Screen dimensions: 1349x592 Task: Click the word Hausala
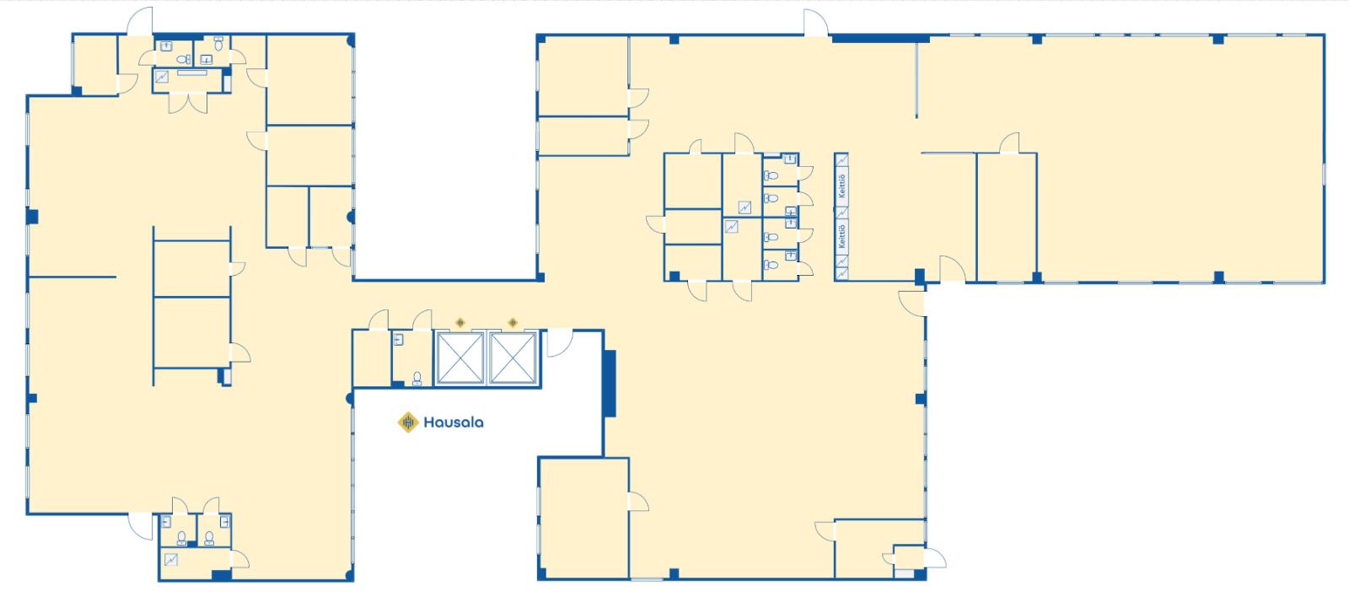(x=453, y=422)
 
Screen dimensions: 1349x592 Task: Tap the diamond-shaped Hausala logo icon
(x=408, y=422)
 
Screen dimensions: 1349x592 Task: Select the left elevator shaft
(x=460, y=358)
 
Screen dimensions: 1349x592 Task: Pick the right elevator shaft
(x=513, y=358)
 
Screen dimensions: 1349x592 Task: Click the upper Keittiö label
(x=842, y=186)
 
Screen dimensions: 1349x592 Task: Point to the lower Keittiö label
(x=842, y=235)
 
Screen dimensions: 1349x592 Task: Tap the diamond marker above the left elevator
(x=460, y=323)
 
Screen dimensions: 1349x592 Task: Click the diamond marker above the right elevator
(x=513, y=323)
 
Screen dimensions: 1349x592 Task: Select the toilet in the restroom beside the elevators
(x=417, y=378)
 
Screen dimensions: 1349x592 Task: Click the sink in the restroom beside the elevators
(x=398, y=340)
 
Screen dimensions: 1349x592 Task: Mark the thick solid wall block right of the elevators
(x=610, y=383)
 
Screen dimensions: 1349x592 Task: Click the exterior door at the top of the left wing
(x=140, y=22)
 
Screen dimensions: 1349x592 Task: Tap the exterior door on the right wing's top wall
(x=816, y=23)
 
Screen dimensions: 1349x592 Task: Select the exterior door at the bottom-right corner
(x=935, y=558)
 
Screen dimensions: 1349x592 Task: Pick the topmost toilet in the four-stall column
(x=771, y=175)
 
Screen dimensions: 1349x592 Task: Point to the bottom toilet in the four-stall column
(x=771, y=265)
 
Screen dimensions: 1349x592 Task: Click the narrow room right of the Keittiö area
(x=1007, y=218)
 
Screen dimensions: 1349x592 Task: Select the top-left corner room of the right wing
(x=583, y=76)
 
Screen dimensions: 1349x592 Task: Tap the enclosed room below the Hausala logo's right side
(x=583, y=517)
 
